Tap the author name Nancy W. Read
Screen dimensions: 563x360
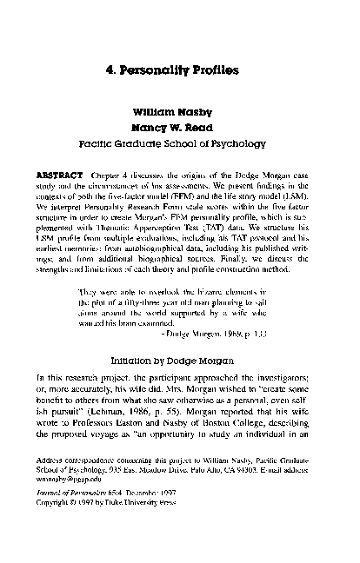coord(179,126)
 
